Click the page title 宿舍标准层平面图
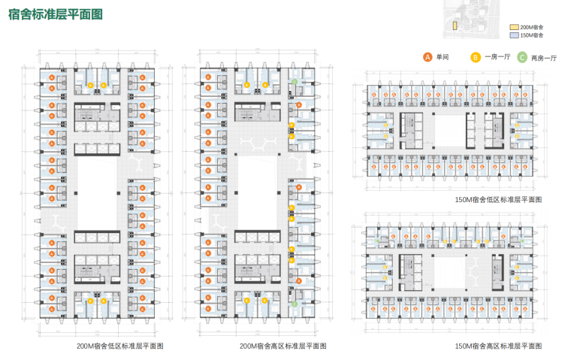(56, 14)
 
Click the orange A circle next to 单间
(427, 56)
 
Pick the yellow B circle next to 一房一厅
(475, 56)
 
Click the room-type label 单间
(443, 57)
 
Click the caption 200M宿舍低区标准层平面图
(120, 346)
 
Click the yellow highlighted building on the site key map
(455, 24)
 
